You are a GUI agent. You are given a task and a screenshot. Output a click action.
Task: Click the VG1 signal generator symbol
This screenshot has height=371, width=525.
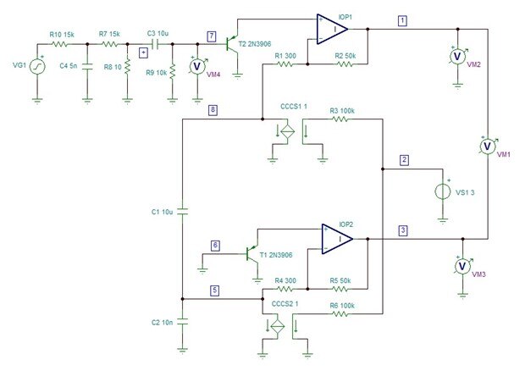coord(37,66)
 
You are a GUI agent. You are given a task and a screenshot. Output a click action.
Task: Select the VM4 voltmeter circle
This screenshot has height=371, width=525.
coord(197,66)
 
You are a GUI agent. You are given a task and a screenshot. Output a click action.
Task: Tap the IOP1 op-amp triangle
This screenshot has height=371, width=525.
coord(332,29)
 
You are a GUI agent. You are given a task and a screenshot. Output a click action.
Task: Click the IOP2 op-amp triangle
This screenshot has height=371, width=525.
coord(337,239)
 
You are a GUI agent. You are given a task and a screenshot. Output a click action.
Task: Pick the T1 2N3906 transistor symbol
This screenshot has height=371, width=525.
coord(252,254)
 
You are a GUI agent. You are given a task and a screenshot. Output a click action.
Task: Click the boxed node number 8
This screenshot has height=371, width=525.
coord(213,110)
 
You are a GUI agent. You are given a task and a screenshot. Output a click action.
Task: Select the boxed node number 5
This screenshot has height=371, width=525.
coord(214,291)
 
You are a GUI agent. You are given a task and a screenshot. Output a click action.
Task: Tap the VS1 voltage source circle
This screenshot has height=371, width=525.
coord(443,192)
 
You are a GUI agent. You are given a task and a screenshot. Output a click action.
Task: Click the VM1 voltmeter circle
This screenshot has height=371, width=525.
coord(488,146)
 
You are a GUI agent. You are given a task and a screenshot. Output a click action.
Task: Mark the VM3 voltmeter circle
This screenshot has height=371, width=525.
coord(462,266)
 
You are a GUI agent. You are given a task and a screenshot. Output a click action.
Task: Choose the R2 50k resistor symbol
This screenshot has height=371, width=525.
coord(345,64)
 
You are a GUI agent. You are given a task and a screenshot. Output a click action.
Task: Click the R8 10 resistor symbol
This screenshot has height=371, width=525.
coord(127,67)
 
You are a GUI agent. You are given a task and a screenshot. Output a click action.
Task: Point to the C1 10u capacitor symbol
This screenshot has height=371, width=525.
coord(182,212)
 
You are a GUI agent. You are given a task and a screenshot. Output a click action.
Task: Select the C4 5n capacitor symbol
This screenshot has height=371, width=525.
coord(87,66)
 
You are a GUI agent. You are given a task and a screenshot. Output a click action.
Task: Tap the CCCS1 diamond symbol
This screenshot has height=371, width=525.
coord(287,131)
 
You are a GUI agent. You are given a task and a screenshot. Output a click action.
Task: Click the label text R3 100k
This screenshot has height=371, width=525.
coord(342,111)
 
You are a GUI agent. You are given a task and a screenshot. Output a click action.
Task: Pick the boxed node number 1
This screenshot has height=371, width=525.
coord(402,21)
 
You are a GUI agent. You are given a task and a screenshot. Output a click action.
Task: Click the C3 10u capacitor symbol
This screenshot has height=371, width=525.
coord(155,44)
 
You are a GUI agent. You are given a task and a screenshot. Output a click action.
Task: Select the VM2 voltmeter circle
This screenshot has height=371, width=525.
coord(458,56)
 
